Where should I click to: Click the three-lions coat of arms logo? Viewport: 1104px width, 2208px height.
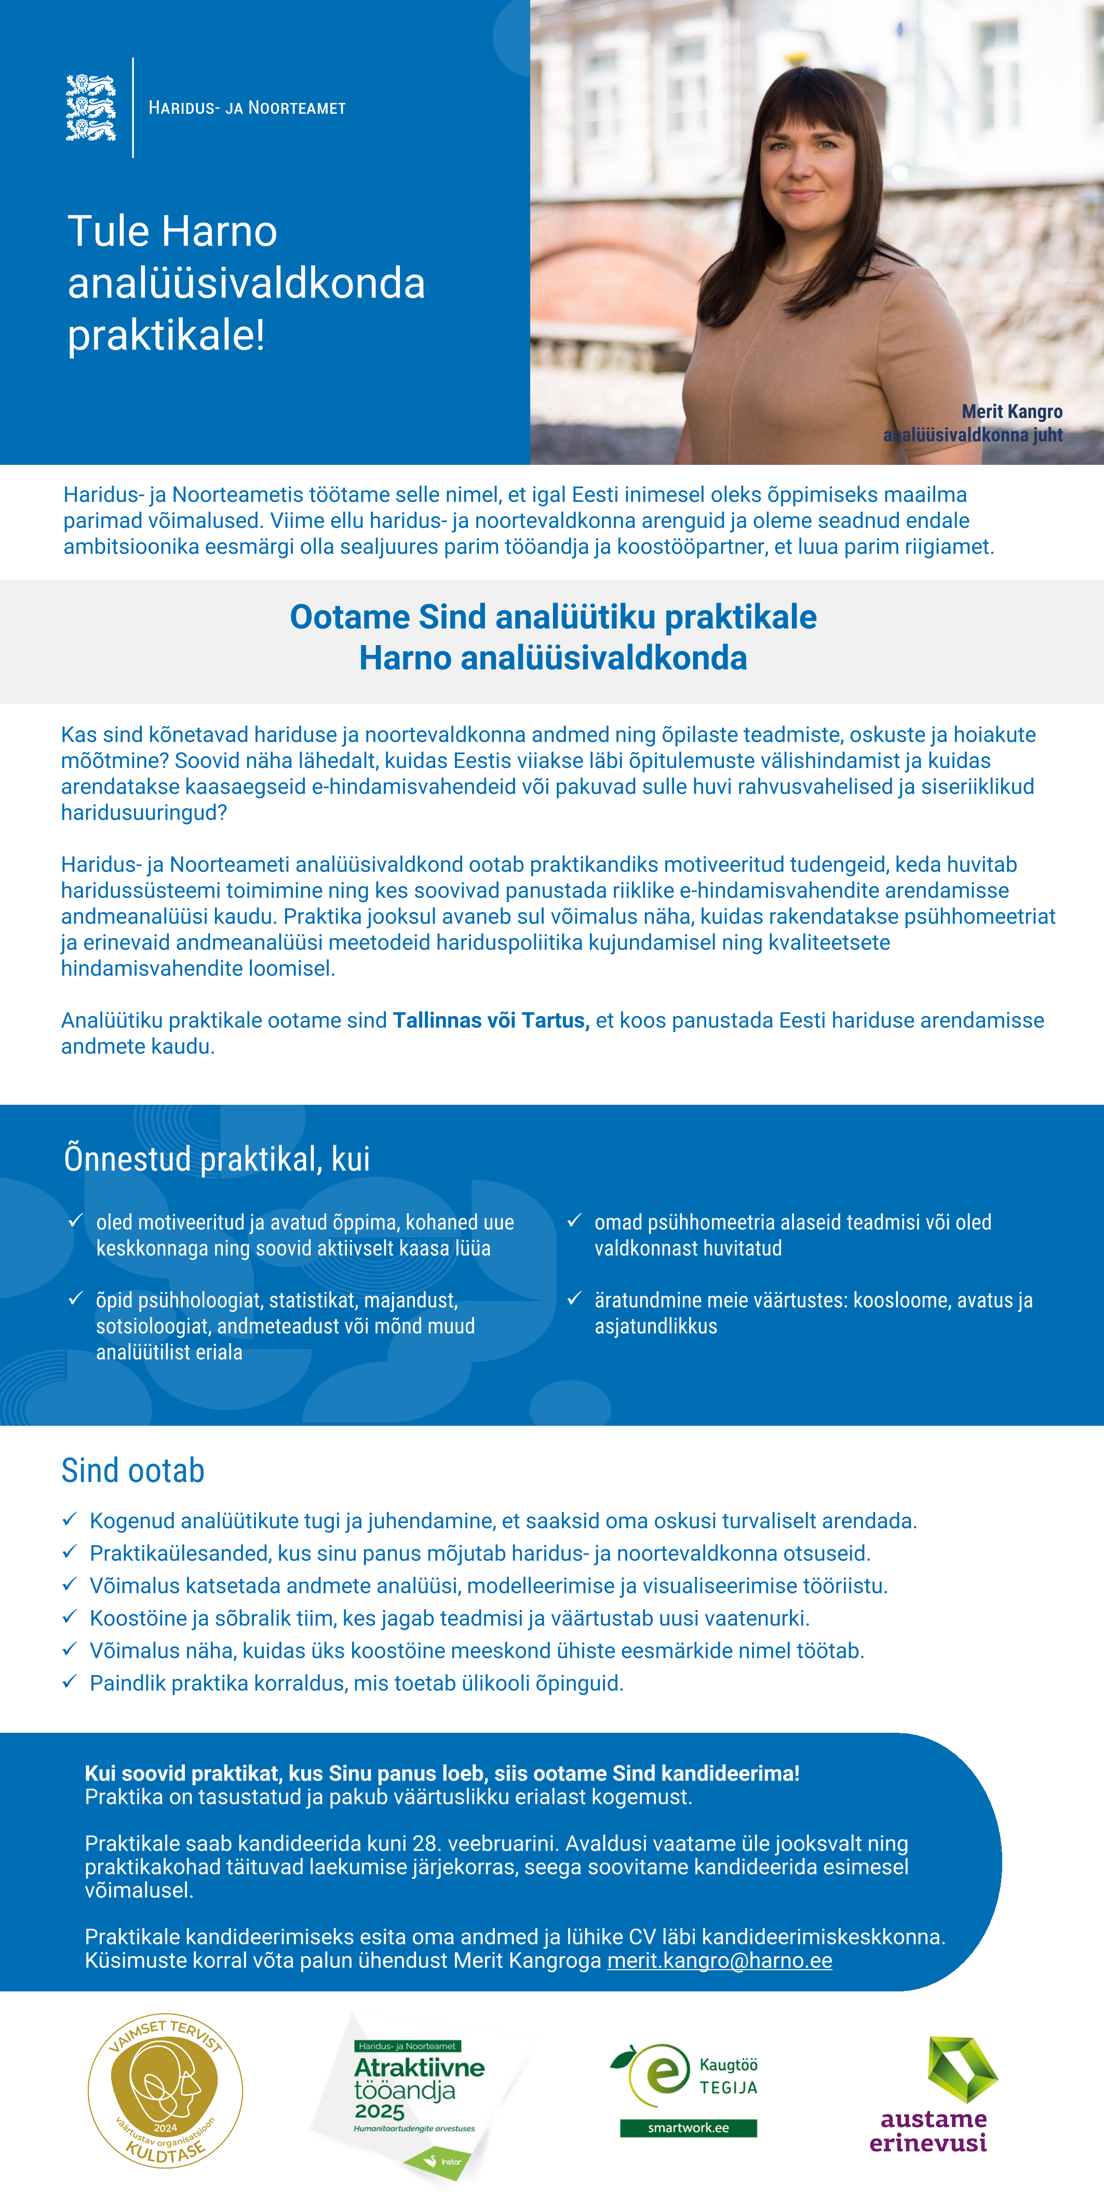[91, 108]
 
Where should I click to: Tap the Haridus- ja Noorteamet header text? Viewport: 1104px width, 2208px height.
[247, 108]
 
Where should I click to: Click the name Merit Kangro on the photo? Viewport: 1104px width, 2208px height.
[1012, 411]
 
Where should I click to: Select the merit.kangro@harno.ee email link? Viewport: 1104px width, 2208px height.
[719, 1960]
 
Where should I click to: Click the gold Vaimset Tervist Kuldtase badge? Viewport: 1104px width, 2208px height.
[166, 2090]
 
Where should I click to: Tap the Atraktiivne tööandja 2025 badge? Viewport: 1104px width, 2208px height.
[419, 2092]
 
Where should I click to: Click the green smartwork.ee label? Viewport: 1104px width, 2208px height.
[688, 2127]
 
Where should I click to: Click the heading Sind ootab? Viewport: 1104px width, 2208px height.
[133, 1471]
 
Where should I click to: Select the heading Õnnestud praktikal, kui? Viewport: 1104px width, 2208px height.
[217, 1159]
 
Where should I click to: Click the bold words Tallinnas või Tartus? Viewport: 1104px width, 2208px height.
[490, 1020]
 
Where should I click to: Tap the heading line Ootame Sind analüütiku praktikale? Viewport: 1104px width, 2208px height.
[553, 617]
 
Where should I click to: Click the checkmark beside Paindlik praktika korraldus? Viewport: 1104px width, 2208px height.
[70, 1682]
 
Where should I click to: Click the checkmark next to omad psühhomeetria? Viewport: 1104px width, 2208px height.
[574, 1221]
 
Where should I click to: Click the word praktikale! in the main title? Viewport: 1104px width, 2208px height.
[166, 335]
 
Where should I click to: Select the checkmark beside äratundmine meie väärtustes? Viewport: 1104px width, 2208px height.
[574, 1299]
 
